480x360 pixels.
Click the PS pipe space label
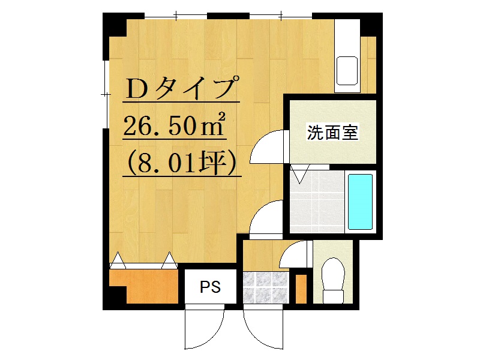pos(211,287)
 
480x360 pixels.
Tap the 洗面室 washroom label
pos(332,133)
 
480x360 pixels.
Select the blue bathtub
pos(361,202)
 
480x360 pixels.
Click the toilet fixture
pos(333,280)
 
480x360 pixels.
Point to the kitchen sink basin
pos(347,71)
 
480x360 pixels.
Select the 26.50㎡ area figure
pos(175,125)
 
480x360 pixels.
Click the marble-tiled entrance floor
pos(266,287)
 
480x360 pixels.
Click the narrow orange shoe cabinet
pos(301,289)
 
